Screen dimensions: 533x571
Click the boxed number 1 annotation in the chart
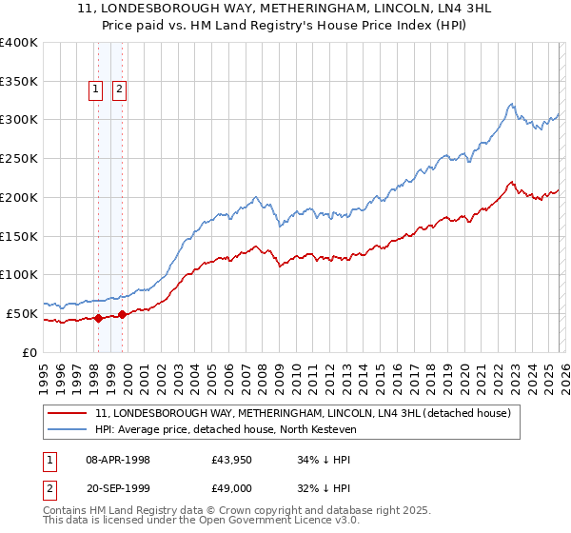point(97,90)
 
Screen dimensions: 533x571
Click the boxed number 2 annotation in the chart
point(120,90)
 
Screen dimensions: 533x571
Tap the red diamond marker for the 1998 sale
point(98,319)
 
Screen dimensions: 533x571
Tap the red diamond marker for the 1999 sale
point(122,314)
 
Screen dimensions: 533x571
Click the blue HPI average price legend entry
point(225,430)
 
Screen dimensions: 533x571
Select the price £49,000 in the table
point(231,487)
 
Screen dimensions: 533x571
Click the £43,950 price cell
point(231,459)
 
